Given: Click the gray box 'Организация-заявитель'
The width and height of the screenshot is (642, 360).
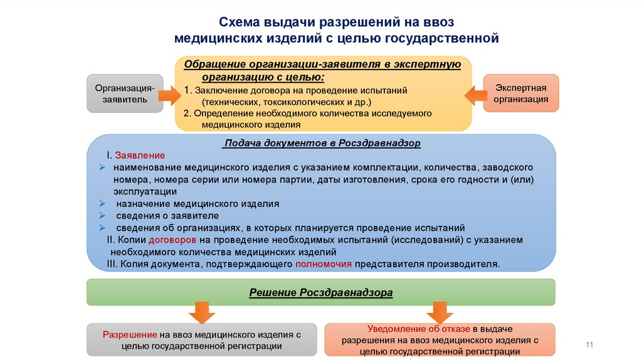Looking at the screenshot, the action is (x=123, y=93).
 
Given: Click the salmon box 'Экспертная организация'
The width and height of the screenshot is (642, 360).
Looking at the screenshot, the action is (x=521, y=93).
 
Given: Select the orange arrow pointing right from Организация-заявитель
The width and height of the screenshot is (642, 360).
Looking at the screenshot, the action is (x=167, y=95).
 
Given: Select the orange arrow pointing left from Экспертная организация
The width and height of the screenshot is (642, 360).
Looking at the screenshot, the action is (x=475, y=95).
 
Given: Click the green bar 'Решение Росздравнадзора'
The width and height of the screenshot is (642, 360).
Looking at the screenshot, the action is (x=320, y=292).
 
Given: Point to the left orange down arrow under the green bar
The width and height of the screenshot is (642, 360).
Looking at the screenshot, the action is (x=202, y=312).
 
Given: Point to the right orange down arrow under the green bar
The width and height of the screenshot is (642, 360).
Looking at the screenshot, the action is (x=439, y=312).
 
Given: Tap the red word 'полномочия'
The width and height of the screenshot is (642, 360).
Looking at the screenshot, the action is (x=324, y=264).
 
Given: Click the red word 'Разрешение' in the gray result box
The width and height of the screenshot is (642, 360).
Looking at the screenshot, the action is (x=130, y=334).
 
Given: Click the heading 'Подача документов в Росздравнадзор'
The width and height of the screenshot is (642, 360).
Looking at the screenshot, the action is (x=322, y=143).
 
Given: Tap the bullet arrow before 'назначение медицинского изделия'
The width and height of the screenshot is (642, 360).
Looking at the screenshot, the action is (x=102, y=204).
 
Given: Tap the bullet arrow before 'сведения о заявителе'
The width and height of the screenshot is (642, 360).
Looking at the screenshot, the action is (x=102, y=216).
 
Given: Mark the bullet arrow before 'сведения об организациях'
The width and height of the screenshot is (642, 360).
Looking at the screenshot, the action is (x=102, y=228).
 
